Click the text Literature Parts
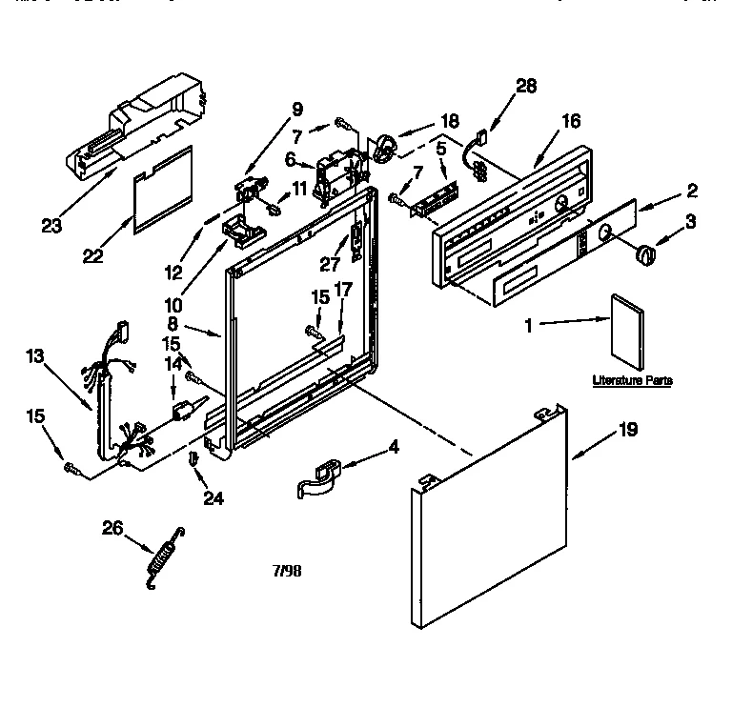coord(632,380)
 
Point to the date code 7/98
coord(287,572)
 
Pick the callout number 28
coord(527,87)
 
